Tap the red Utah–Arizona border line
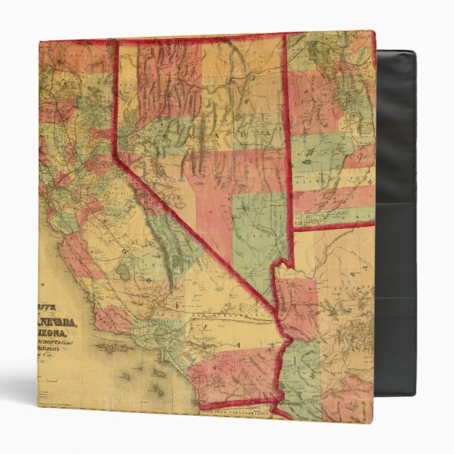(x=331, y=225)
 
